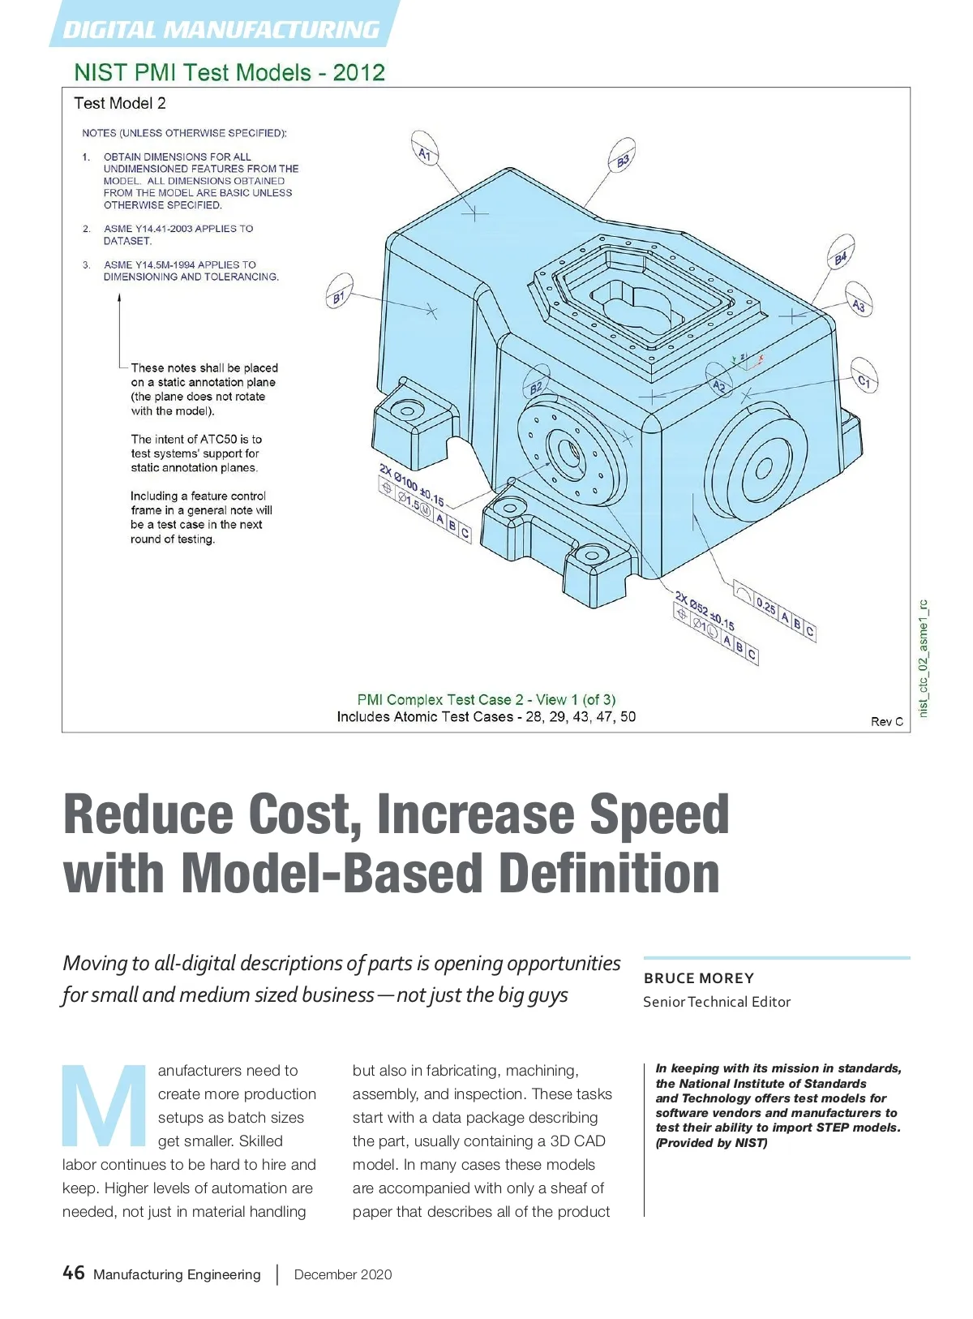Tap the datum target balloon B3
point(622,160)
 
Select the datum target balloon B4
point(841,257)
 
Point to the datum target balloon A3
point(859,304)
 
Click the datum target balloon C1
point(864,380)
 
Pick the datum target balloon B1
point(339,297)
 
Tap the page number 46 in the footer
point(73,1273)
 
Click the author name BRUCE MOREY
point(699,978)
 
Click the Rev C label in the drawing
point(886,721)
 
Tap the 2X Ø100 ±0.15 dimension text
point(412,484)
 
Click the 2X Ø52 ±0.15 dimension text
point(705,611)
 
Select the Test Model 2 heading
point(120,103)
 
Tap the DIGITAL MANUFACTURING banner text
point(221,30)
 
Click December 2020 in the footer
point(342,1274)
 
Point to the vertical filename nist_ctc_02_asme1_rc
point(922,658)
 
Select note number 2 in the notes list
point(87,229)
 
